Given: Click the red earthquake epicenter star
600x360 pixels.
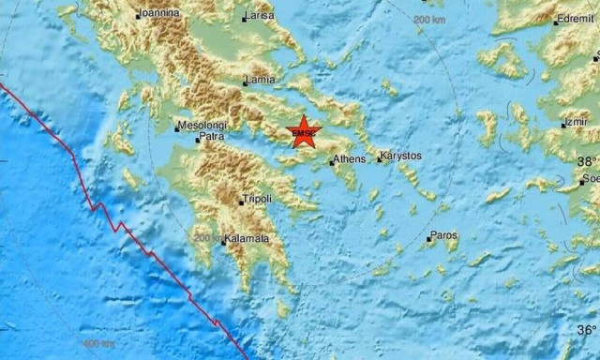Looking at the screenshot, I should [305, 133].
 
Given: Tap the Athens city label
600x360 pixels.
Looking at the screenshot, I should [351, 159].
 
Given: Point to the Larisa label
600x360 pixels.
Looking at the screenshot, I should [259, 17].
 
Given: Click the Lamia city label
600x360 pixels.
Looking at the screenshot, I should [261, 81].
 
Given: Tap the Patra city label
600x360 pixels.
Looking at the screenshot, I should [211, 139].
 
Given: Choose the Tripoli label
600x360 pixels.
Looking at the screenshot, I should [257, 199].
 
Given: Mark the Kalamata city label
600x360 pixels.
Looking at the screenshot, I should [248, 239].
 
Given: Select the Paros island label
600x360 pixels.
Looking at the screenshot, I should [443, 235].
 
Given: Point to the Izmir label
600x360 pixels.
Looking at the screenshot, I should [576, 123].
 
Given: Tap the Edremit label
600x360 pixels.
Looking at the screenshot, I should [575, 19].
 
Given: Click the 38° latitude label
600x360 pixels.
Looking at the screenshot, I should [587, 159].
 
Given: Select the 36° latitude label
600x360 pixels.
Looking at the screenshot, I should [586, 330].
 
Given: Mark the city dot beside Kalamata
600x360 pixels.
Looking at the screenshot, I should [225, 241].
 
